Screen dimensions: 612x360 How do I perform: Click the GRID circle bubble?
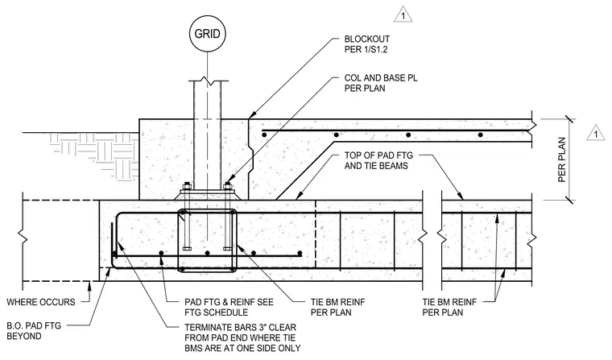(x=207, y=34)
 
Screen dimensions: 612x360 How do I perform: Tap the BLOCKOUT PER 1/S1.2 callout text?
(x=367, y=44)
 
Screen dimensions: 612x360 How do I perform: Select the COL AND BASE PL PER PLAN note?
(x=381, y=83)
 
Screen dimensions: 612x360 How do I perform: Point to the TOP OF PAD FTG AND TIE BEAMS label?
(x=378, y=160)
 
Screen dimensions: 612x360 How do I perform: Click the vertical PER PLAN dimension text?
(x=561, y=159)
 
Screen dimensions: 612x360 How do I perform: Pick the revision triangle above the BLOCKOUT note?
(x=403, y=15)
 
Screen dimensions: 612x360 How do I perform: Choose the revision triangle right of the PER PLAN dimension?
(x=596, y=133)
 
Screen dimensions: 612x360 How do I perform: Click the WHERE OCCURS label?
(x=41, y=302)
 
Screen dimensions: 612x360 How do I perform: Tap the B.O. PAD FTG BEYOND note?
(x=34, y=331)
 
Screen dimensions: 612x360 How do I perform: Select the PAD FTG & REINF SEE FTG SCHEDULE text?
(x=229, y=307)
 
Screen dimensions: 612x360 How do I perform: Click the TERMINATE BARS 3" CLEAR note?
(x=242, y=337)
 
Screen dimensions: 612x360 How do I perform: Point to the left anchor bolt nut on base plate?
(x=187, y=186)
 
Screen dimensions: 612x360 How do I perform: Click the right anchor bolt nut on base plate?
(x=228, y=186)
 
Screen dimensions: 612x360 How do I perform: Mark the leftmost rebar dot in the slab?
(x=264, y=134)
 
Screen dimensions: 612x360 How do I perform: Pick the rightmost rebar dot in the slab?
(x=481, y=134)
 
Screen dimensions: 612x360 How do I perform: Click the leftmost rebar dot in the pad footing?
(x=161, y=254)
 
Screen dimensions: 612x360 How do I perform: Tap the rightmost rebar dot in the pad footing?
(x=300, y=254)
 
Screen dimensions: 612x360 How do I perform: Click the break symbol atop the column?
(x=207, y=81)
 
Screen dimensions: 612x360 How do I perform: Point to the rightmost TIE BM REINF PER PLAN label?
(x=449, y=307)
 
